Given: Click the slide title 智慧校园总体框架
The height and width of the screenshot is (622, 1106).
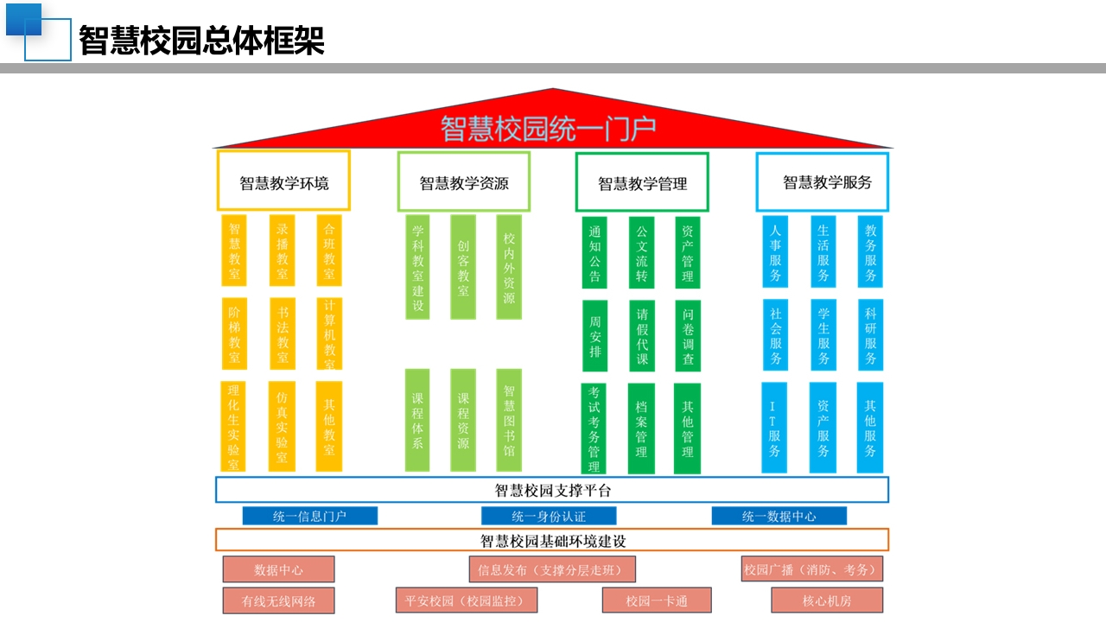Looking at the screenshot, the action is coord(201,40).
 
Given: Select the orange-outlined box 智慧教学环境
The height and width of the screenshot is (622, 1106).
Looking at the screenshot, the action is coord(283,181).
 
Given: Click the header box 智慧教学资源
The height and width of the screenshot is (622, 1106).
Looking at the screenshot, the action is coord(464,181).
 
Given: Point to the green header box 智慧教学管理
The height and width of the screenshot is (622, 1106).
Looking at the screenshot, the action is coord(642,182).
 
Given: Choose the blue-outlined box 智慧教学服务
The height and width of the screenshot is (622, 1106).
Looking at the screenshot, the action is coord(822,182).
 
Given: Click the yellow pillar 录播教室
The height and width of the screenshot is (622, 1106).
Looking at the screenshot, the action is coord(282,251).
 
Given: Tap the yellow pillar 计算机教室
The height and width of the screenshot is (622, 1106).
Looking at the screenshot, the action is coord(329,333).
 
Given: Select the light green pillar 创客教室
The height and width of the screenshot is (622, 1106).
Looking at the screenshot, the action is coord(463,267).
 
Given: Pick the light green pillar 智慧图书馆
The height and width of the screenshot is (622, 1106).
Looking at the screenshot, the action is coord(509,420).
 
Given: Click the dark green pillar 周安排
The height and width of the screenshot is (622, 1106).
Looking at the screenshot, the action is coord(595,336).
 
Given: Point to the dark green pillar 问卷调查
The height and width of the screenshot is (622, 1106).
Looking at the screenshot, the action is coord(688,336).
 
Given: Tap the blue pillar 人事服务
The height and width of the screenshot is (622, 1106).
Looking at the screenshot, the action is coord(775,251).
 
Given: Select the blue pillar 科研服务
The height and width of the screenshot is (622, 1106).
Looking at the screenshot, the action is coord(870,334).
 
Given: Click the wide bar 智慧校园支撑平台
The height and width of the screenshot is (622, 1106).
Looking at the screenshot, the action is coord(552,490).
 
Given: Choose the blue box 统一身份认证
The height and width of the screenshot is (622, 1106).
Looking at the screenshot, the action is coord(549,516).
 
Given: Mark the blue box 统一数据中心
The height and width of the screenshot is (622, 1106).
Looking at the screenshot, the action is coord(779,516).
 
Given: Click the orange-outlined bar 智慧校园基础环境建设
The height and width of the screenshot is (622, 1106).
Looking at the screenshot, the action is coord(552,540).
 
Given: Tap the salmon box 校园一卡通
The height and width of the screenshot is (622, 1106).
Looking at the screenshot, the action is coord(657,600).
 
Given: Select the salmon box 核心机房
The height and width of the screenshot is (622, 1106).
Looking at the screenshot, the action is coord(827,600).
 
